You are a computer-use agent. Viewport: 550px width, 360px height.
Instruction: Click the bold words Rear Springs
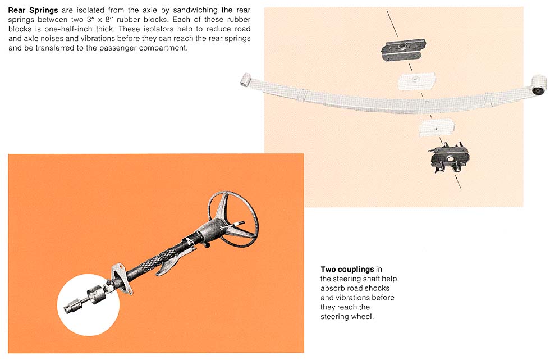click(33, 10)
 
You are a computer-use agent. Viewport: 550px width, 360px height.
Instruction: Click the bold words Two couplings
click(347, 270)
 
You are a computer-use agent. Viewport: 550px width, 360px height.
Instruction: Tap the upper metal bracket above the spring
click(404, 50)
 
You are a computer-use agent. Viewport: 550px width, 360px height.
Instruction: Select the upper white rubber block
click(416, 81)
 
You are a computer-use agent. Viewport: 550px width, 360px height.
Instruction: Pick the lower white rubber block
click(437, 127)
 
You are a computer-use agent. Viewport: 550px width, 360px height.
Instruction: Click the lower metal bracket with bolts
click(449, 158)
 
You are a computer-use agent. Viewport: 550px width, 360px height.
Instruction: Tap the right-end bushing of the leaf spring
click(539, 85)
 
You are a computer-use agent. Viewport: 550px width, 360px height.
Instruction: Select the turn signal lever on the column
click(233, 225)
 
